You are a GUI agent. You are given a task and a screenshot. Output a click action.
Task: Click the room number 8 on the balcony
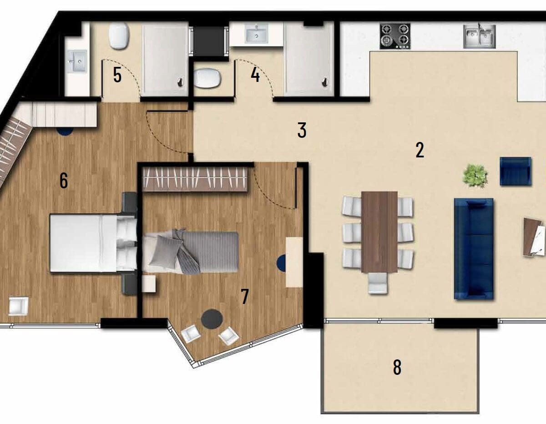[x=397, y=368]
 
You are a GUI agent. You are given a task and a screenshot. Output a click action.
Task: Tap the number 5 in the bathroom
[x=117, y=75]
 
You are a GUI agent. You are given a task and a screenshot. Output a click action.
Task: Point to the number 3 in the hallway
[x=302, y=130]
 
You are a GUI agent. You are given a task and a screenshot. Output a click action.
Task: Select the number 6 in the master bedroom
[x=64, y=181]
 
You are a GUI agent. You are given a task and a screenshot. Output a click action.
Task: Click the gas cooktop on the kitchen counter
[x=395, y=36]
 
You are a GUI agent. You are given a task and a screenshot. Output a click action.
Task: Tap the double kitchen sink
[x=480, y=36]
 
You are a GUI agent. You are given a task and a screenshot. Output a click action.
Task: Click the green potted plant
[x=475, y=176]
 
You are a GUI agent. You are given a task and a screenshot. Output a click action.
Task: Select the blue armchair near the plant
[x=516, y=172]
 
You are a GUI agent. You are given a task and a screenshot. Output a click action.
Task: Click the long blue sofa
[x=474, y=249]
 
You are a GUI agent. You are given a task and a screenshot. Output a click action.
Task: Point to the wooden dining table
[x=379, y=232]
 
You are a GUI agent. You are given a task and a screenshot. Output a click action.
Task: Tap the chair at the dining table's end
[x=378, y=283]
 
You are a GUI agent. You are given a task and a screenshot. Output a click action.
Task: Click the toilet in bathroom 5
[x=119, y=36]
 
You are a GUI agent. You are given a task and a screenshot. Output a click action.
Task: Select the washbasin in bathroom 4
[x=256, y=33]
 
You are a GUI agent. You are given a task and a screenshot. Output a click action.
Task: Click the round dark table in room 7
[x=212, y=319]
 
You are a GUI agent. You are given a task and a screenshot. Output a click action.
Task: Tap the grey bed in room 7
[x=191, y=252]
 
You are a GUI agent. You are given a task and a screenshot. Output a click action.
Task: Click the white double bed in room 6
[x=93, y=243]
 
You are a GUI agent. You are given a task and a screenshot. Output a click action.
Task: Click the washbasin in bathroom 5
[x=77, y=61]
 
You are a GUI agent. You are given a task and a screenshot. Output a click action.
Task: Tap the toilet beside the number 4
[x=207, y=78]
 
